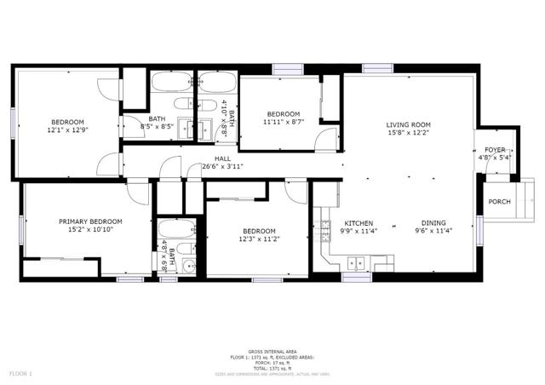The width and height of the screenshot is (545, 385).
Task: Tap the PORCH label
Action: click(499, 202)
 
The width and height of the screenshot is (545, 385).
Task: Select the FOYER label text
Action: click(495, 149)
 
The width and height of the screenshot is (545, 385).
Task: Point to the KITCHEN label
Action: click(358, 221)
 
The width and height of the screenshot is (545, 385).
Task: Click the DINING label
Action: click(433, 221)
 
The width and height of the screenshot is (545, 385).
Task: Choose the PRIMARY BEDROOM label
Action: click(90, 221)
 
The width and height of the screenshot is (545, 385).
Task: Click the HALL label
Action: click(222, 158)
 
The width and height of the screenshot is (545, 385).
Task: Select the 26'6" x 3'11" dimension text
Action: click(223, 166)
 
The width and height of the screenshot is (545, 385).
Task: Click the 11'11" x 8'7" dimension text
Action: click(284, 123)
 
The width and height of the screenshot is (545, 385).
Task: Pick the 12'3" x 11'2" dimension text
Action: click(258, 240)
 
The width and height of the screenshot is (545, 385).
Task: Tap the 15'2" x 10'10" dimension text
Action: click(90, 230)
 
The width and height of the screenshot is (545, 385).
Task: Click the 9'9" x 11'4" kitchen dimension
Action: click(358, 230)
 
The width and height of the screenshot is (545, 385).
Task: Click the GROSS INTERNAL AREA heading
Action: click(272, 352)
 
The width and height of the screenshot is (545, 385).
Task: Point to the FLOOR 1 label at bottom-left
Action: click(20, 374)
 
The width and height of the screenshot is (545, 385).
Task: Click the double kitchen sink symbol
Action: click(359, 261)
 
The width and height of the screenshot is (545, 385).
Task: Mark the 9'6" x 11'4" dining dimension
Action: click(433, 230)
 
